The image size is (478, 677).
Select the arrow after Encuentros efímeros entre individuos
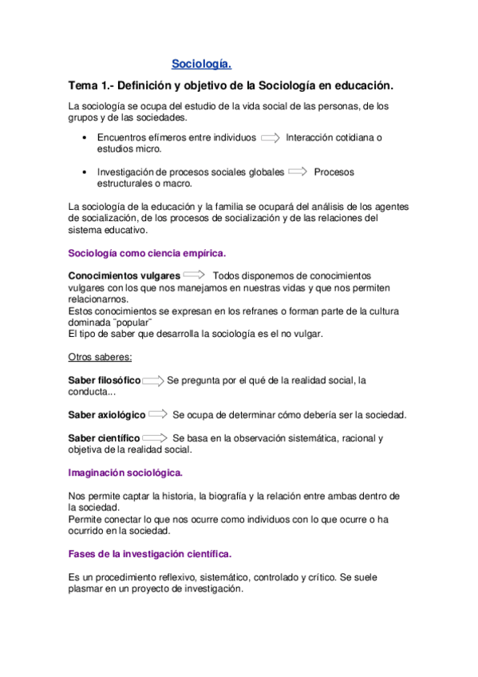click(271, 137)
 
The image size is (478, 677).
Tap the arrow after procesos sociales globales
click(298, 172)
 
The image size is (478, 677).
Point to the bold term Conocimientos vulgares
click(124, 275)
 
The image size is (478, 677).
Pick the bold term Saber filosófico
click(105, 380)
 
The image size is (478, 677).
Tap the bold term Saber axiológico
click(107, 414)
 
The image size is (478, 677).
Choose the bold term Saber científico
click(104, 438)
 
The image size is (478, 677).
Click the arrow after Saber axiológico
click(158, 414)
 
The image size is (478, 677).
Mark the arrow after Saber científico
click(155, 438)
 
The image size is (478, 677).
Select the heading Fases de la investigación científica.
click(150, 553)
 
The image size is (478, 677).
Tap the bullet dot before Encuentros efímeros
click(85, 138)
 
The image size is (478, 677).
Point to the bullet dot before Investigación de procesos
click(85, 172)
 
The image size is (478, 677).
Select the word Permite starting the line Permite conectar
click(86, 519)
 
